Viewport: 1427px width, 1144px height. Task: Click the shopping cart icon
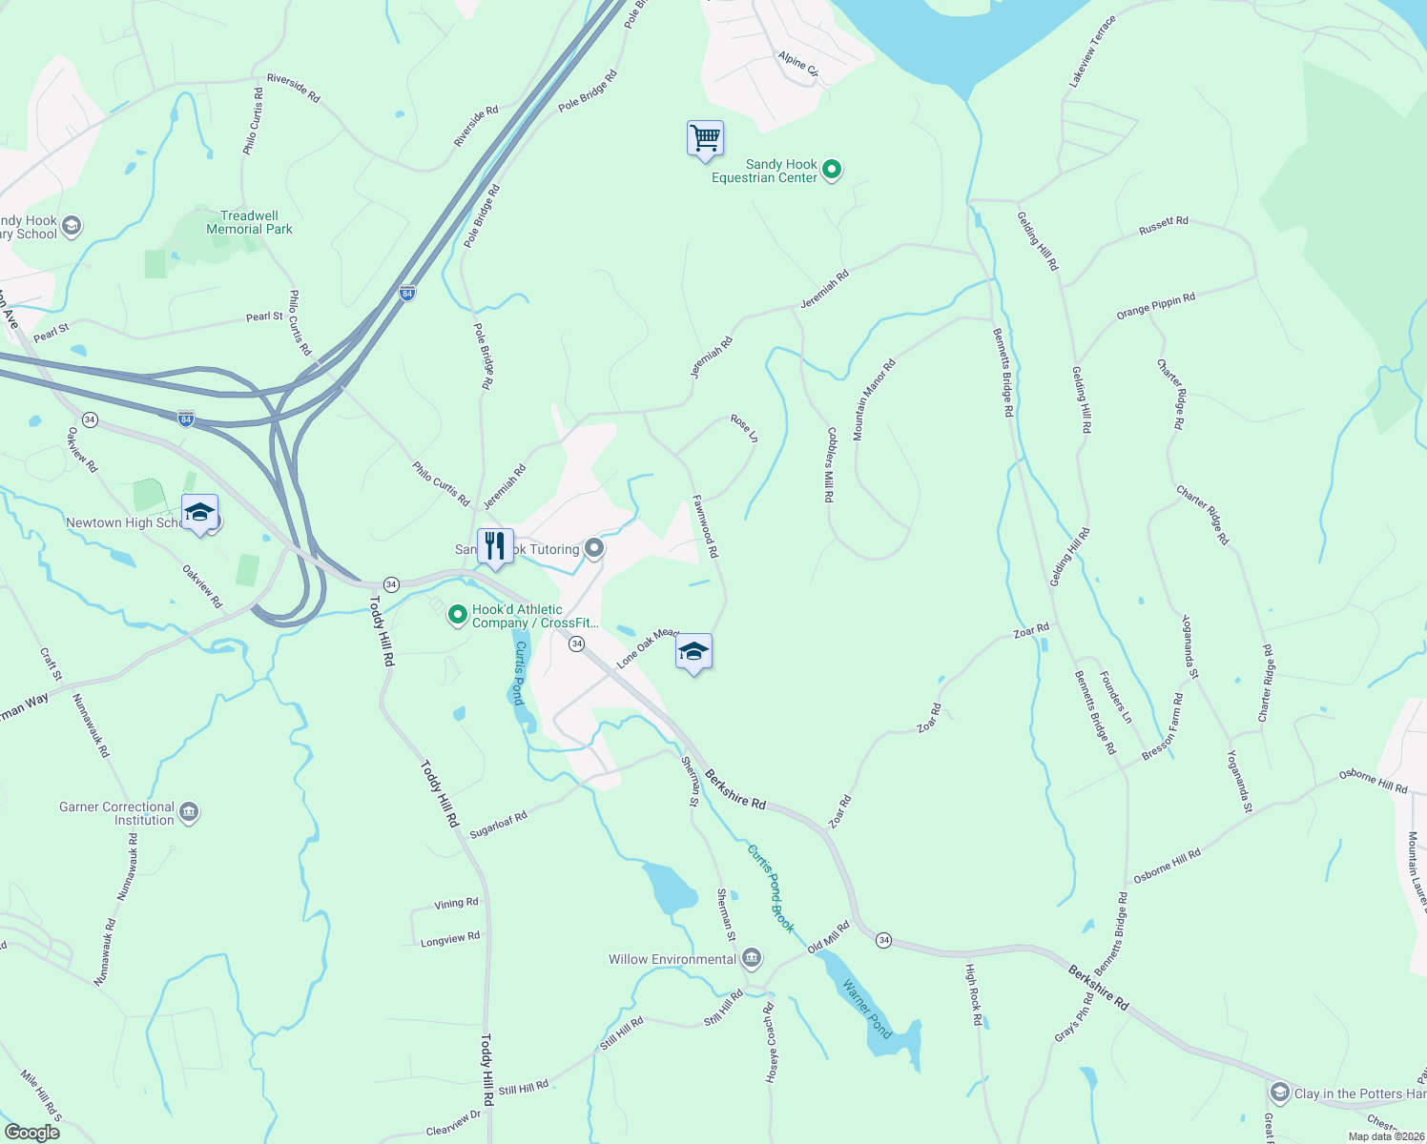(x=705, y=139)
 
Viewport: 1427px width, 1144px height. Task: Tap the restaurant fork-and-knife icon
(x=495, y=546)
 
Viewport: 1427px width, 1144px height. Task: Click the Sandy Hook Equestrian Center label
(x=765, y=171)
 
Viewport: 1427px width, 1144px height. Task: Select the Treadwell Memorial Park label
(x=250, y=222)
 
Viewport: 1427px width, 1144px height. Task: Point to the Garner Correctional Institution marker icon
(x=189, y=812)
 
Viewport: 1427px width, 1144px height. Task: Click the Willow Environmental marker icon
(x=752, y=957)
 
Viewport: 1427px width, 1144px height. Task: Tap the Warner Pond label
(x=867, y=1009)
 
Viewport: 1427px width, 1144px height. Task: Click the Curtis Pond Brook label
(x=771, y=889)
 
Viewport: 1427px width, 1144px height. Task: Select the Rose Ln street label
(x=744, y=427)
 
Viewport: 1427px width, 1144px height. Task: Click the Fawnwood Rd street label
(x=705, y=526)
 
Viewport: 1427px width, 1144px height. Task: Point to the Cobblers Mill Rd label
(x=829, y=464)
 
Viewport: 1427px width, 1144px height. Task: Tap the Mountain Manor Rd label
(x=874, y=399)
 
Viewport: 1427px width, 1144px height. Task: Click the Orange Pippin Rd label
(x=1156, y=307)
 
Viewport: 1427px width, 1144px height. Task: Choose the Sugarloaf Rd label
(x=498, y=825)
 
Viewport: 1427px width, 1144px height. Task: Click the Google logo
(x=31, y=1132)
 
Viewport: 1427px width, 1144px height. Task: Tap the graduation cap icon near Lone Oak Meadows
(x=693, y=651)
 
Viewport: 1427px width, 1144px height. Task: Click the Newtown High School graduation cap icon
(x=199, y=512)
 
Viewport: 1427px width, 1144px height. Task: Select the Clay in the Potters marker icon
(x=1280, y=1093)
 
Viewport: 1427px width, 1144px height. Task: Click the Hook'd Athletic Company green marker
(x=457, y=615)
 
